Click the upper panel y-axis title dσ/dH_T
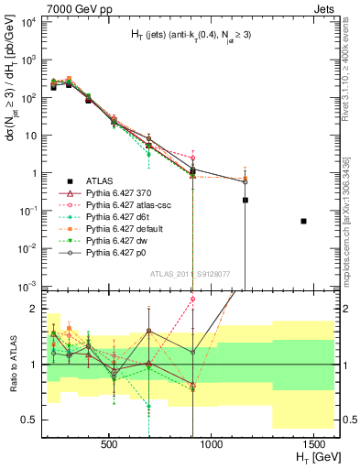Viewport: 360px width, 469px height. [12, 119]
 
